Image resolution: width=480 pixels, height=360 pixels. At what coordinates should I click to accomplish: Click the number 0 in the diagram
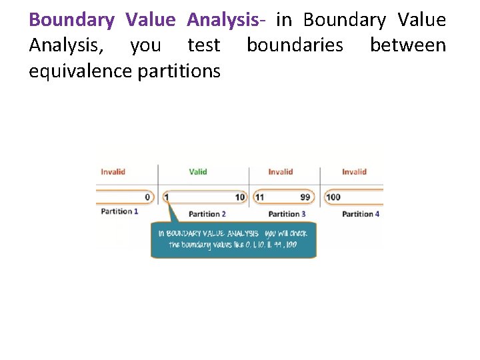[147, 197]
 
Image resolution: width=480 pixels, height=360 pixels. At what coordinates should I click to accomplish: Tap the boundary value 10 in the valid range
[241, 197]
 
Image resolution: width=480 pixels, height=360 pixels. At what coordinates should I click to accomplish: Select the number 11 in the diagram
[259, 197]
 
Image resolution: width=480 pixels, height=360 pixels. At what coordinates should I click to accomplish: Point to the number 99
[305, 197]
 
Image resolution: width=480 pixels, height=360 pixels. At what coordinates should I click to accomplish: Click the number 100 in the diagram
[333, 197]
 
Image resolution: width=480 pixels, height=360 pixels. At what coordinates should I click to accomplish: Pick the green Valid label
[198, 172]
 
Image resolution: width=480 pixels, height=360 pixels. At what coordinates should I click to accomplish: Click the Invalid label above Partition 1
[113, 172]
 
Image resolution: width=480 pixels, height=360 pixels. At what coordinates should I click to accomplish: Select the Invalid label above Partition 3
[281, 172]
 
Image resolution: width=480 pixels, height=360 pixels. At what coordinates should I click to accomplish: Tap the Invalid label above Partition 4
[354, 172]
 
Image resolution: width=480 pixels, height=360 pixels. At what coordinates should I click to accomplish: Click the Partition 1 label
[120, 211]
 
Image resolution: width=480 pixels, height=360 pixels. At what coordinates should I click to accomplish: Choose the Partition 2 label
[207, 214]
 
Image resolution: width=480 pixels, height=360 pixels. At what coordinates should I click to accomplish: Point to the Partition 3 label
[287, 214]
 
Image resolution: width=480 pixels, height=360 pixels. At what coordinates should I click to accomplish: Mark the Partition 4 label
[361, 214]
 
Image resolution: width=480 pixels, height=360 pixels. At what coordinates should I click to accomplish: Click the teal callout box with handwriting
[233, 240]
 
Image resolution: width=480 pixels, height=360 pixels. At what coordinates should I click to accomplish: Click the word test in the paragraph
[204, 46]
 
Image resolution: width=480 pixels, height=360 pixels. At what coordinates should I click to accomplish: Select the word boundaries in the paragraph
[295, 46]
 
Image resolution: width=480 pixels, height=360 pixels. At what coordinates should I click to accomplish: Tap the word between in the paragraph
[408, 46]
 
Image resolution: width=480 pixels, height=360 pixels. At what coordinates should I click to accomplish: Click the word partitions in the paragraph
[179, 71]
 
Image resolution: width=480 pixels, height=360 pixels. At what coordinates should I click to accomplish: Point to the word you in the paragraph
[145, 46]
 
